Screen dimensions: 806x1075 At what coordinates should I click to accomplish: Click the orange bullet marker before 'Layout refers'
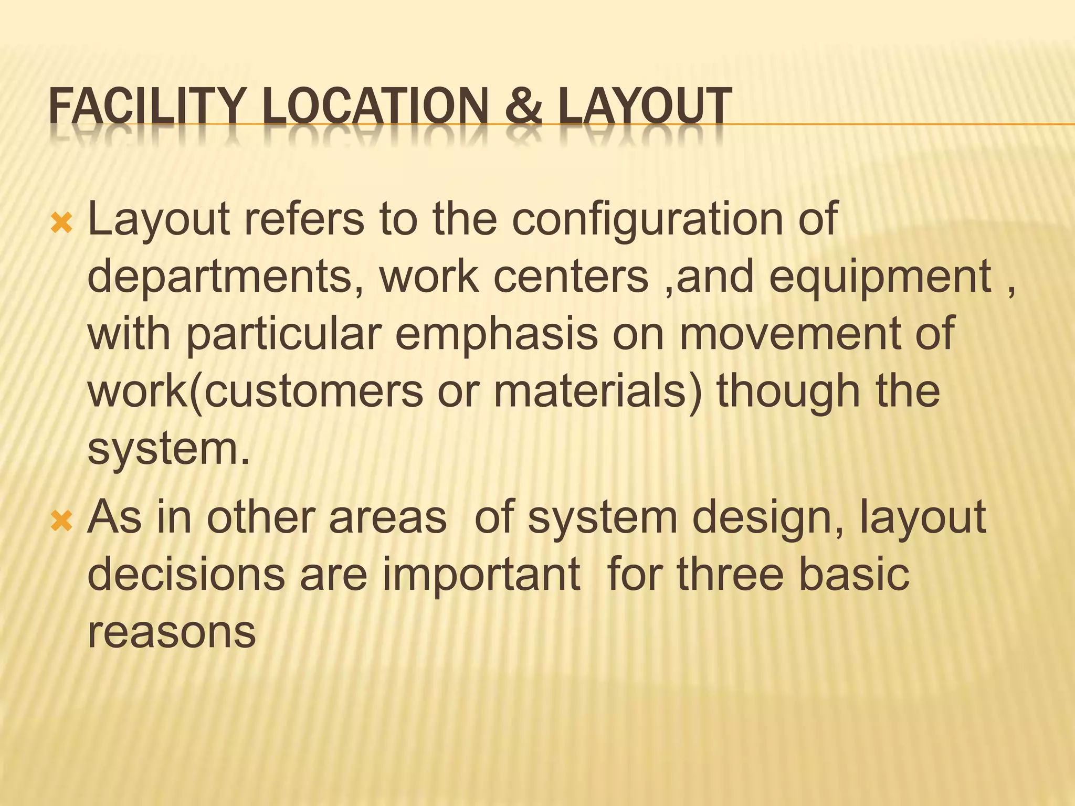pos(61,224)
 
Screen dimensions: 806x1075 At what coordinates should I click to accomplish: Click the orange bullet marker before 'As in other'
pos(61,522)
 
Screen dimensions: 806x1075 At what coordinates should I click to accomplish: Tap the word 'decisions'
pos(186,575)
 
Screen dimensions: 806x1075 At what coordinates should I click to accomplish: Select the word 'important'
pos(481,575)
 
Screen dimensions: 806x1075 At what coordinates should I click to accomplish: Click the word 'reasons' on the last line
pos(171,633)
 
